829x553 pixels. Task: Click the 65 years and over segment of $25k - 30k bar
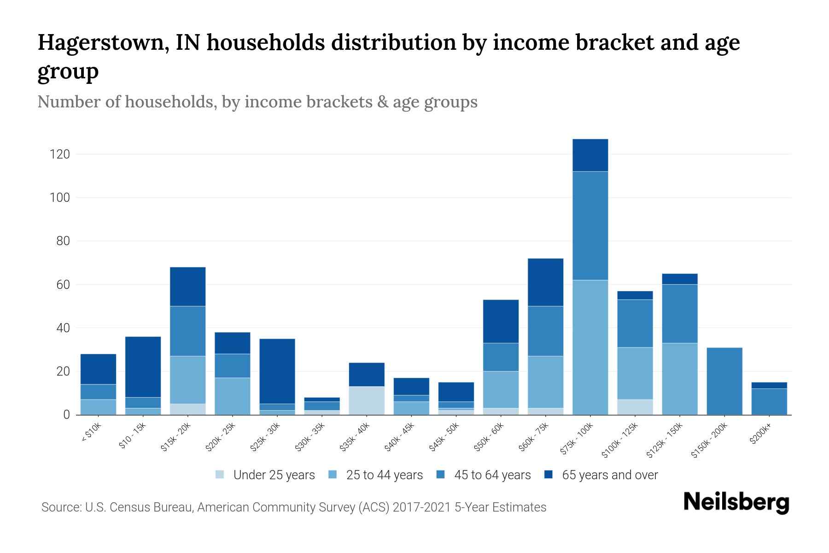coord(277,371)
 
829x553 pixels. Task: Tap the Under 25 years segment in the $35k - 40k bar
coord(367,400)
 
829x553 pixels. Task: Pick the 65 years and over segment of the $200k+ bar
coord(769,385)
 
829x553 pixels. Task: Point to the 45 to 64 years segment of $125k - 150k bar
coord(679,313)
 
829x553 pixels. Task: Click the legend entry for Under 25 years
coord(274,475)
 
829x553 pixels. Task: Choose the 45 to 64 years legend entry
coord(492,475)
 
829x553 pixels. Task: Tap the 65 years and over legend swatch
coord(549,475)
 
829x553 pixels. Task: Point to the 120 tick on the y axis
coord(60,154)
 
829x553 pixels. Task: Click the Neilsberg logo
coord(736,502)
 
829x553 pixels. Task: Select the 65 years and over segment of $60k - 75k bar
coord(545,282)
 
